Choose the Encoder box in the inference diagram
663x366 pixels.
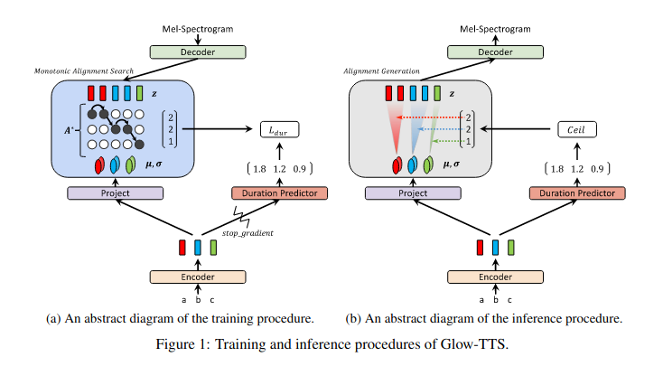click(493, 277)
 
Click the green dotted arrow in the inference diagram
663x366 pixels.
click(450, 142)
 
